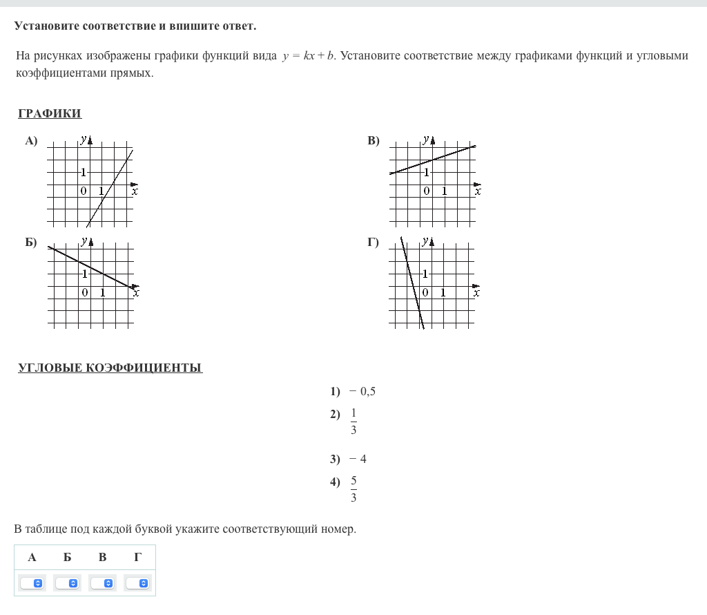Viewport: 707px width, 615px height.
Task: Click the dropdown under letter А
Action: (x=32, y=583)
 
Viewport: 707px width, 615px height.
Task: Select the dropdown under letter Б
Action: (x=67, y=583)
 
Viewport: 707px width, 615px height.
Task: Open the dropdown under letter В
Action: (x=102, y=583)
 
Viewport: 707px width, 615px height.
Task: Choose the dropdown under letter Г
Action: (x=137, y=583)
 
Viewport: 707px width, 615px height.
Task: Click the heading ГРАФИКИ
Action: (x=50, y=114)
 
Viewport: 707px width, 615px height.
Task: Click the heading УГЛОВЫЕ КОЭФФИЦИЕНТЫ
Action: (x=110, y=368)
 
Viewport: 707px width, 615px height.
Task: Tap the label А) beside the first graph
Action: (x=31, y=141)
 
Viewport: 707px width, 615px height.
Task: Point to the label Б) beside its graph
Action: (x=31, y=242)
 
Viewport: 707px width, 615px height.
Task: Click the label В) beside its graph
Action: (x=374, y=141)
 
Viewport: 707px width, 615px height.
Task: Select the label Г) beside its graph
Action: (x=374, y=242)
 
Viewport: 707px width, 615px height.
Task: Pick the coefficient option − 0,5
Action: (x=362, y=392)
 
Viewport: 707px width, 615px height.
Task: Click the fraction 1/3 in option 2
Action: (x=353, y=422)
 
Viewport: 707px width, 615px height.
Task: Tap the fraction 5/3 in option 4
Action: (x=353, y=489)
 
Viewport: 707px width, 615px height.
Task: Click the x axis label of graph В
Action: (x=478, y=191)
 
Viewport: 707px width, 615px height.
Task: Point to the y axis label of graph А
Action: (x=83, y=140)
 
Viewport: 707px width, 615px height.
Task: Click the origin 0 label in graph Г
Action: (x=425, y=292)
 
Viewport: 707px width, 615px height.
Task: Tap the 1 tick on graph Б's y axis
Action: (x=84, y=274)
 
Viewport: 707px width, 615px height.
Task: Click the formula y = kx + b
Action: (x=309, y=56)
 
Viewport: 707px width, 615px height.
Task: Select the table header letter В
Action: (x=102, y=557)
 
